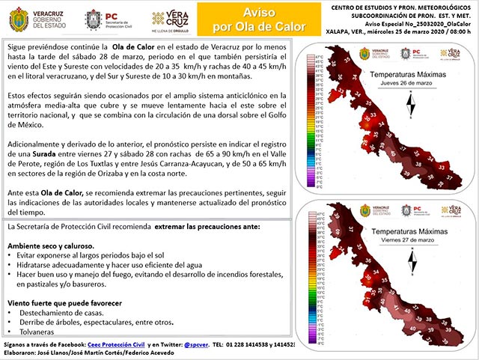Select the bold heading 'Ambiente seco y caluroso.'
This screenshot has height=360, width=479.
pyautogui.click(x=50, y=245)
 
